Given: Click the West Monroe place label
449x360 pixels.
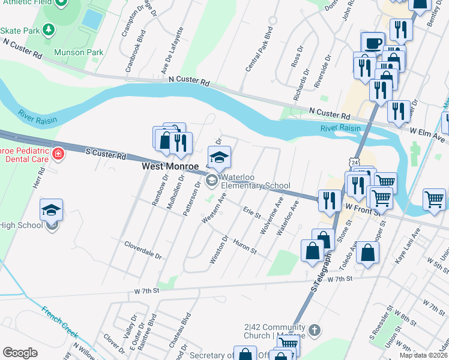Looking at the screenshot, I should coord(170,166).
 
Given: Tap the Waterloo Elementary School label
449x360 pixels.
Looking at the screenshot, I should coord(255,181).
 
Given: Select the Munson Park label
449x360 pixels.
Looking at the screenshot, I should coord(79,52).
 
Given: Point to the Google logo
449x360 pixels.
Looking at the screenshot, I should coord(20,352).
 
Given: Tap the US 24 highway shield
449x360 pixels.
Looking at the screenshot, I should coord(355,163).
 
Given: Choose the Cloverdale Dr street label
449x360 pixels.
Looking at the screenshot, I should coord(143,250).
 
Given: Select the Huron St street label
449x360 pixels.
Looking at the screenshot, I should coord(244,245).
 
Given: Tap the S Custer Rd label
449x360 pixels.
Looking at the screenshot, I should coord(106,155).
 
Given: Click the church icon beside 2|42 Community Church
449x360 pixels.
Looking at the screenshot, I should coord(315,330).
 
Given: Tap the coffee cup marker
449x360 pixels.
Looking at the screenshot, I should coord(373,43).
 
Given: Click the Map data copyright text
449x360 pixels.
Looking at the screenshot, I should coord(423,355).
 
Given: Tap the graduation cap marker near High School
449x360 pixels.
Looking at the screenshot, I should coord(52,210).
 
